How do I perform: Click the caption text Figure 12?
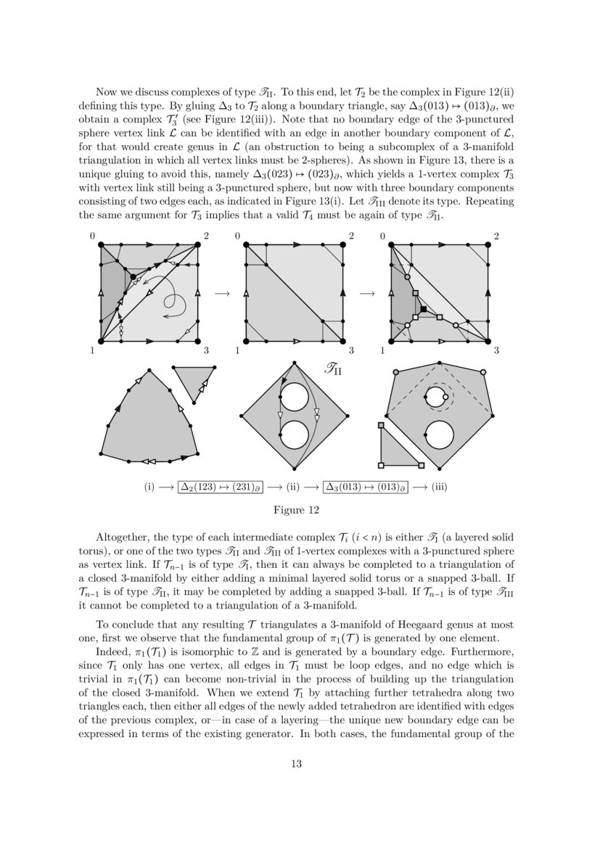pyautogui.click(x=296, y=510)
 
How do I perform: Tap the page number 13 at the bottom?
pyautogui.click(x=296, y=763)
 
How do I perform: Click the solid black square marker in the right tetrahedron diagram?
pyautogui.click(x=424, y=310)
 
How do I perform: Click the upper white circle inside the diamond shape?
pyautogui.click(x=295, y=398)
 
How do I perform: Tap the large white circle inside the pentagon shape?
pyautogui.click(x=439, y=435)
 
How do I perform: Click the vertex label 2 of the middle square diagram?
pyautogui.click(x=351, y=236)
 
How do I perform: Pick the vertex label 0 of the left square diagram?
pyautogui.click(x=93, y=236)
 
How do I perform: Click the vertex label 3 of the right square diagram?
pyautogui.click(x=496, y=351)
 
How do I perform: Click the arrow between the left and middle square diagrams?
pyautogui.click(x=222, y=293)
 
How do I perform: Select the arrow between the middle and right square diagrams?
pyautogui.click(x=367, y=293)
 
